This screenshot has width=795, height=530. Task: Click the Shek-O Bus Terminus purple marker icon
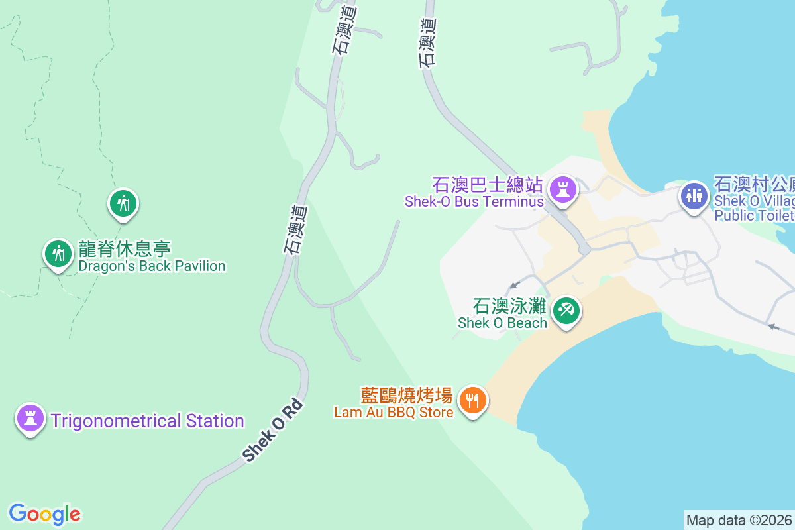point(563,189)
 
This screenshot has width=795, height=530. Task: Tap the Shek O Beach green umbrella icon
point(566,309)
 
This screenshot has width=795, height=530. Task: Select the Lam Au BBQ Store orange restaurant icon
point(472,400)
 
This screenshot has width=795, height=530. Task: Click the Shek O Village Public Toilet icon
point(694,195)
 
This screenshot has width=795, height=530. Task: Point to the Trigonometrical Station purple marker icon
point(30,418)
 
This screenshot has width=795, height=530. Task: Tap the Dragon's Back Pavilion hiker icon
point(58,253)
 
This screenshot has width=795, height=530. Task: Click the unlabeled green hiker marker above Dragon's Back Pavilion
point(123,202)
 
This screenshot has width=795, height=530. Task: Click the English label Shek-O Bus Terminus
point(474,202)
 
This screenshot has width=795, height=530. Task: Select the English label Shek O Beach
point(503,323)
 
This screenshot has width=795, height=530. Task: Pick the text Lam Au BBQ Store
point(394,413)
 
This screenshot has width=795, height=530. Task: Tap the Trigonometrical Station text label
point(148,421)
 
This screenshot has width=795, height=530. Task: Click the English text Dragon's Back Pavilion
point(152,266)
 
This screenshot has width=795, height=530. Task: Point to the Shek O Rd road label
point(272,431)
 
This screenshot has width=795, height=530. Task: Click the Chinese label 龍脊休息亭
point(125,250)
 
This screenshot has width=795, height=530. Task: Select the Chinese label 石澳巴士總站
point(488,184)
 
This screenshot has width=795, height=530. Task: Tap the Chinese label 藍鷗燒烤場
point(406,396)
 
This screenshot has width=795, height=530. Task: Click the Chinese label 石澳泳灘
point(509,306)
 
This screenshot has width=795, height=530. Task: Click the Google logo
point(44,514)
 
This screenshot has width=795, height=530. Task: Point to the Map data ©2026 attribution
point(738,520)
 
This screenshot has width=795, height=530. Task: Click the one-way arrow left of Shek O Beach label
point(513,286)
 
